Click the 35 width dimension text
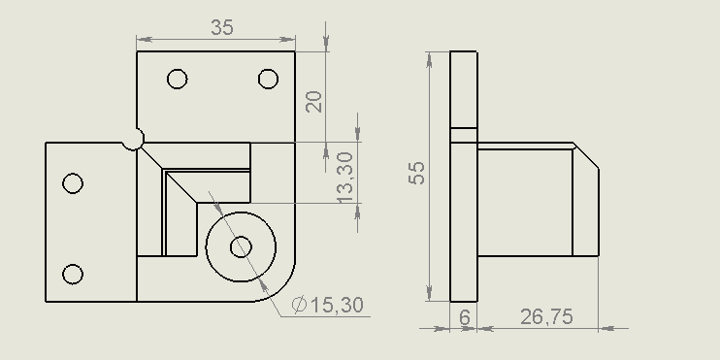222,27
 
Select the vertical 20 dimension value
314,102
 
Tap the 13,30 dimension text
344,178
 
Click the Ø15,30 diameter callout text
328,305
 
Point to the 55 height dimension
417,173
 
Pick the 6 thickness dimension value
465,317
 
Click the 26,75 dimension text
546,317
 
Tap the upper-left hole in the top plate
178,79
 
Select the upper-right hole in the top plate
268,79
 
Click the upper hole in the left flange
73,183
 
